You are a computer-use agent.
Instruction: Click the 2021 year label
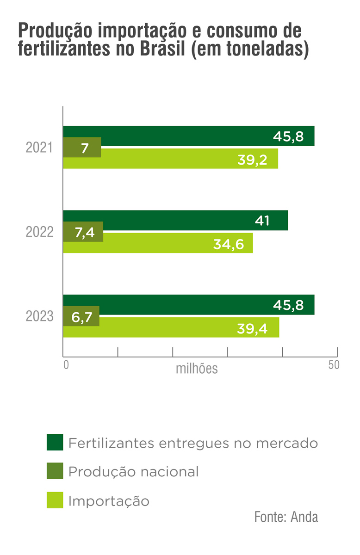[x=40, y=148]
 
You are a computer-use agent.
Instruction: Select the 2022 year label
[x=40, y=232]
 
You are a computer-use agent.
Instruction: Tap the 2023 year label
[x=40, y=317]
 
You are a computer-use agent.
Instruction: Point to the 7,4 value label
[x=84, y=232]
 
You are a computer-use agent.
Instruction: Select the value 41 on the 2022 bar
[x=262, y=221]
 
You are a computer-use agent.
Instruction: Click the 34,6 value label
[x=228, y=244]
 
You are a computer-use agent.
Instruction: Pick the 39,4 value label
[x=252, y=328]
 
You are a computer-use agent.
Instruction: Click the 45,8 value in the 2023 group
[x=288, y=305]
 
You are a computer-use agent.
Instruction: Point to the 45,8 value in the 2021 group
[x=288, y=136]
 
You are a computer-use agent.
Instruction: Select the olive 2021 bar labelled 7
[x=82, y=148]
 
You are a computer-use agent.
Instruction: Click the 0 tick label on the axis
[x=66, y=364]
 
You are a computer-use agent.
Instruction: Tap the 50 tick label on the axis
[x=334, y=364]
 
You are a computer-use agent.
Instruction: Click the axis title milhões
[x=197, y=369]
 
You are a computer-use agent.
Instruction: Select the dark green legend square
[x=55, y=442]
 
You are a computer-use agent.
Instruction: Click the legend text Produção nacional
[x=133, y=472]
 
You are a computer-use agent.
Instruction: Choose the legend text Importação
[x=109, y=501]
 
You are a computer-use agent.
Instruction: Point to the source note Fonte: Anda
[x=286, y=517]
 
